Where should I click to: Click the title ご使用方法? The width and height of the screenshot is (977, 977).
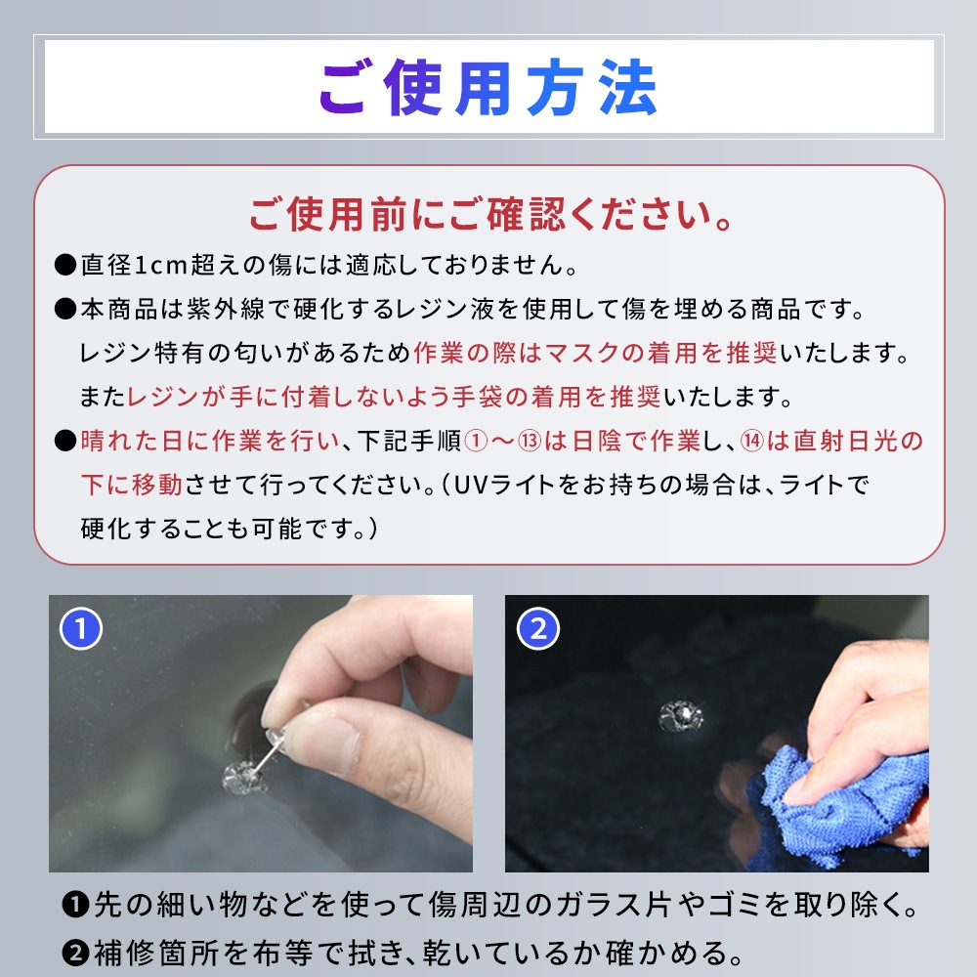click(x=488, y=88)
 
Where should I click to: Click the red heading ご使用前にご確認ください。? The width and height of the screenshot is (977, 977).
click(x=491, y=215)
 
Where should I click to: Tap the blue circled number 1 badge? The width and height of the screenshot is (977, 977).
click(x=81, y=628)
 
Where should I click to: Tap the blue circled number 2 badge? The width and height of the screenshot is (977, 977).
click(x=538, y=628)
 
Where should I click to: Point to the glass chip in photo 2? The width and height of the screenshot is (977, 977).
click(x=680, y=715)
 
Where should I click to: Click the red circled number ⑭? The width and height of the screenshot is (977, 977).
click(x=752, y=442)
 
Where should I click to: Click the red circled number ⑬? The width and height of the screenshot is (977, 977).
click(x=530, y=442)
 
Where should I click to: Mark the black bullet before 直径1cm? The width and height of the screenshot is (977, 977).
click(x=64, y=265)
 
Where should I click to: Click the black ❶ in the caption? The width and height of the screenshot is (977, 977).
click(x=76, y=905)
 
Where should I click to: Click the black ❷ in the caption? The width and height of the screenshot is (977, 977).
click(x=76, y=954)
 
